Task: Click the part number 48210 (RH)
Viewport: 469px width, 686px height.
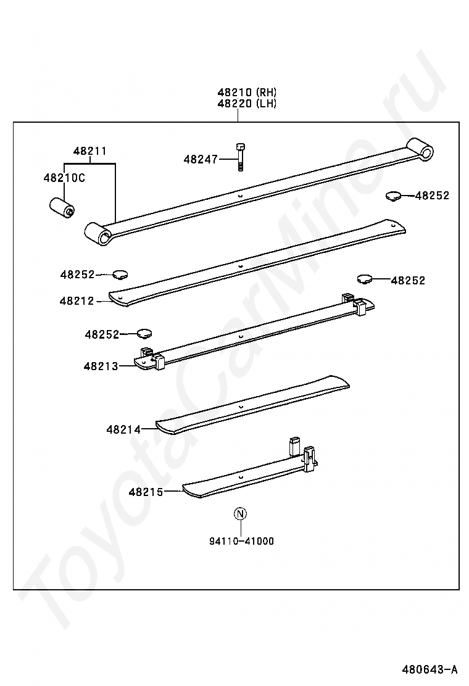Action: click(x=247, y=93)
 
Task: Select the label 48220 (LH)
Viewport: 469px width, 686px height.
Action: click(x=247, y=104)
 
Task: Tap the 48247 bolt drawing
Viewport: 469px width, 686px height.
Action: click(x=240, y=157)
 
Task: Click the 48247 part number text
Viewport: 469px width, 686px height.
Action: click(x=201, y=159)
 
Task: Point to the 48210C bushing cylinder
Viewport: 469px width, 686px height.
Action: click(x=61, y=209)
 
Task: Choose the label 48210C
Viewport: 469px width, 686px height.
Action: click(x=64, y=178)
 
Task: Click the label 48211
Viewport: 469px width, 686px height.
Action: click(x=89, y=151)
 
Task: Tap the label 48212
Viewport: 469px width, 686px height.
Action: click(x=77, y=301)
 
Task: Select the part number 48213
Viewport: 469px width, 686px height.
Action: click(x=101, y=366)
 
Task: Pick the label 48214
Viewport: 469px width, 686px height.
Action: click(x=124, y=429)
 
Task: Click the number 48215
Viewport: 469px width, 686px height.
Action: click(x=146, y=492)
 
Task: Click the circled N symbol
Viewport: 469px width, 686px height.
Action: click(x=241, y=514)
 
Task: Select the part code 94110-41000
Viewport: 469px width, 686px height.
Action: click(x=241, y=541)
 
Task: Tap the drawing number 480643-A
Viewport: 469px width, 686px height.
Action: click(x=430, y=669)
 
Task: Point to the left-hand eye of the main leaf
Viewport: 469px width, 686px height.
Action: click(x=98, y=234)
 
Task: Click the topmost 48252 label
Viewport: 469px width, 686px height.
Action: click(x=432, y=196)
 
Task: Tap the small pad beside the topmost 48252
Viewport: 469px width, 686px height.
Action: click(x=393, y=196)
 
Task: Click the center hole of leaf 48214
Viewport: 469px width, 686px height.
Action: click(x=241, y=407)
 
